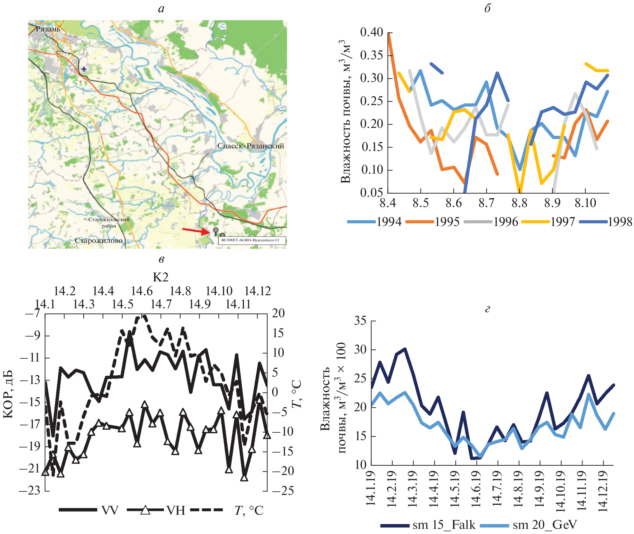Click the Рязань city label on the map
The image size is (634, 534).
pyautogui.click(x=48, y=29)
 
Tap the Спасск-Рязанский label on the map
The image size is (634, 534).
pyautogui.click(x=251, y=146)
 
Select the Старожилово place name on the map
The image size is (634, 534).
pyautogui.click(x=99, y=240)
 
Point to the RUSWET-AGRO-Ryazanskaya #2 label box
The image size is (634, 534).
pyautogui.click(x=251, y=240)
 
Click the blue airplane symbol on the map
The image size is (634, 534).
pyautogui.click(x=84, y=69)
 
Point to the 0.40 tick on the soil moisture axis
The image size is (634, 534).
pyautogui.click(x=372, y=32)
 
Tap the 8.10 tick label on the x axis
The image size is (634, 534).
pyautogui.click(x=585, y=203)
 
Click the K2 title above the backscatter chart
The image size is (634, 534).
pyautogui.click(x=161, y=277)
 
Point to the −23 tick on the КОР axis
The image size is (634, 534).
pyautogui.click(x=30, y=491)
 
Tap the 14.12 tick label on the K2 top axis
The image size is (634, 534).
pyautogui.click(x=257, y=291)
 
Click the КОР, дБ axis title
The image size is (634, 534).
pyautogui.click(x=8, y=394)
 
